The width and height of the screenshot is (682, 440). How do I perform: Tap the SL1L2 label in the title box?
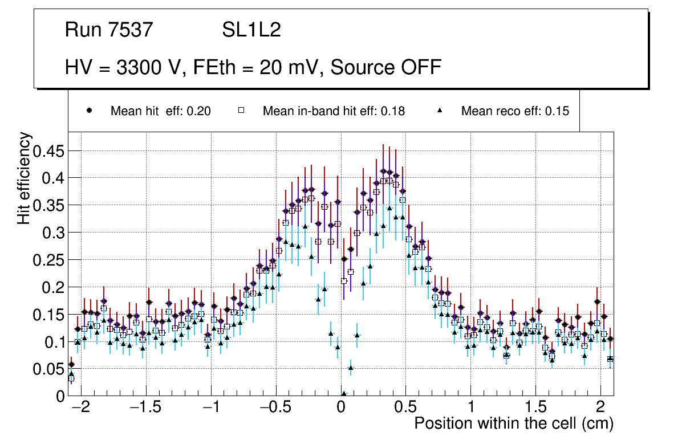(251, 30)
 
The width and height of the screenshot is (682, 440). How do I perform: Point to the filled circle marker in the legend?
(89, 111)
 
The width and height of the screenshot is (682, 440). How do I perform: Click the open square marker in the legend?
(241, 111)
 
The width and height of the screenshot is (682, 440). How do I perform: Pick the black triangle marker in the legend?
(440, 111)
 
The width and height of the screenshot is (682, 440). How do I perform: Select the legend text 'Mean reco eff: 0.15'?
(515, 111)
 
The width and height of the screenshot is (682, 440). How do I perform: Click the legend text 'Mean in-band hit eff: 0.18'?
(334, 111)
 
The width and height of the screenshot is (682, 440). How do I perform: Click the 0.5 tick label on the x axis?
(405, 408)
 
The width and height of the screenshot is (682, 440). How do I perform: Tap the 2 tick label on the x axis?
(600, 408)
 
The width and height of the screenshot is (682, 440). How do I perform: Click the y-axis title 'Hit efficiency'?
(25, 178)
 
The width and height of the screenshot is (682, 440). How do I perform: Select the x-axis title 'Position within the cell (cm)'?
(513, 424)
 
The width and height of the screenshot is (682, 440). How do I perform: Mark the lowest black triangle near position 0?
(344, 393)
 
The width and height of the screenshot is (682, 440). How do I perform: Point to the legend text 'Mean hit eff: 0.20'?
(160, 111)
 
